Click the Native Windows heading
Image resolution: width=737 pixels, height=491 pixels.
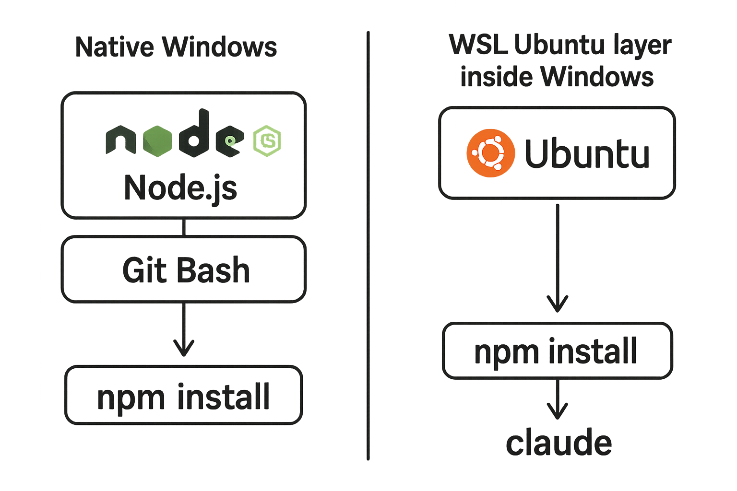pyautogui.click(x=176, y=47)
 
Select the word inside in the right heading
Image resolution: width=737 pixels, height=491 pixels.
pyautogui.click(x=497, y=77)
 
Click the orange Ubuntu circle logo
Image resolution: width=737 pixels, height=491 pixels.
pyautogui.click(x=490, y=153)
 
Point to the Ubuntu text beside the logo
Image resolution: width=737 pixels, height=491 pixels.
pyautogui.click(x=587, y=153)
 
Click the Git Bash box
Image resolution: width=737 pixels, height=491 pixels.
pyautogui.click(x=184, y=269)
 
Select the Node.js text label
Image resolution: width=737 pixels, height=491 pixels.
pyautogui.click(x=180, y=188)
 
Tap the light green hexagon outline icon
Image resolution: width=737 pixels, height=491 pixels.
pyautogui.click(x=267, y=141)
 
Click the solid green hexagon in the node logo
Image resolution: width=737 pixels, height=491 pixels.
pyautogui.click(x=157, y=141)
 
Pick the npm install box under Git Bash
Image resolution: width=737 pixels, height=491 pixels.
pyautogui.click(x=184, y=395)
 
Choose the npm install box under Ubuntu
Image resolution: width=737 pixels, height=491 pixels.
pyautogui.click(x=558, y=351)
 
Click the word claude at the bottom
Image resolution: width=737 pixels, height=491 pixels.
pyautogui.click(x=559, y=442)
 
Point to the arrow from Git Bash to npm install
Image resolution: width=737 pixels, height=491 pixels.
pyautogui.click(x=184, y=329)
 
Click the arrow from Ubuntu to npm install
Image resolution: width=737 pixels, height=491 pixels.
pyautogui.click(x=558, y=258)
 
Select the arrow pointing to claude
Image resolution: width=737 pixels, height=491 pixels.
pyautogui.click(x=558, y=399)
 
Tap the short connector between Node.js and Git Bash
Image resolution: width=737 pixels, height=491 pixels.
pyautogui.click(x=184, y=227)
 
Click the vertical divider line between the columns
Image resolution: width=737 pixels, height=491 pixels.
pyautogui.click(x=368, y=245)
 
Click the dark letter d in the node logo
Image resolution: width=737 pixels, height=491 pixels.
pyautogui.click(x=194, y=133)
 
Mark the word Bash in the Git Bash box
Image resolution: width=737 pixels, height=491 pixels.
pyautogui.click(x=214, y=269)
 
